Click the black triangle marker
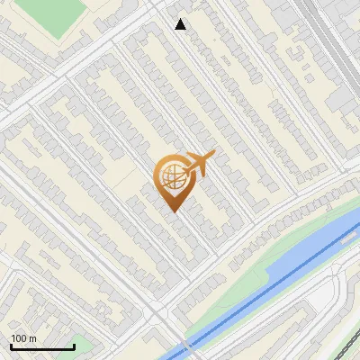coord(181,24)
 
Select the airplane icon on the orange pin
coord(198,165)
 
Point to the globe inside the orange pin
coord(170,176)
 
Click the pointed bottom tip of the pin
coord(173,211)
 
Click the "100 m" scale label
coord(23,338)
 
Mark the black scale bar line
coord(42,346)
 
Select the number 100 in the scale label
coord(19,338)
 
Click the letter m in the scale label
coord(32,339)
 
